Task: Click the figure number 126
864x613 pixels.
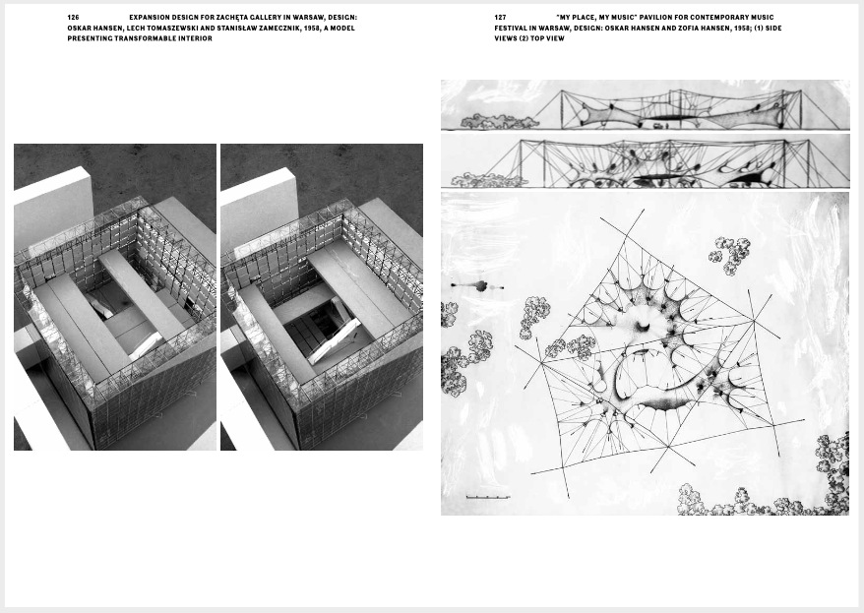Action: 73,17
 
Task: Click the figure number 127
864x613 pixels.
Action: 500,17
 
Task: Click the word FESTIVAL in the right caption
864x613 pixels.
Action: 513,29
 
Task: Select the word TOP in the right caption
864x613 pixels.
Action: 537,38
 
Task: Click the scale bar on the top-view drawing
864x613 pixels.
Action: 488,497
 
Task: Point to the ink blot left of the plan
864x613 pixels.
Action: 477,286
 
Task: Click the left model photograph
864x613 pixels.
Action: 115,297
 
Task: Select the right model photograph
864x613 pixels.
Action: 322,297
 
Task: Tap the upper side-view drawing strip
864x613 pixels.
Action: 646,105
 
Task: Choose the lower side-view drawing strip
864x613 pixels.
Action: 646,161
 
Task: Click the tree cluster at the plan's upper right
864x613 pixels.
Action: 730,255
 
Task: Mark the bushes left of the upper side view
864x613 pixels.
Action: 496,122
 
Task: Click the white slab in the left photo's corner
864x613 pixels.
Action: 52,207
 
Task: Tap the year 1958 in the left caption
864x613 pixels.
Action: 311,29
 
